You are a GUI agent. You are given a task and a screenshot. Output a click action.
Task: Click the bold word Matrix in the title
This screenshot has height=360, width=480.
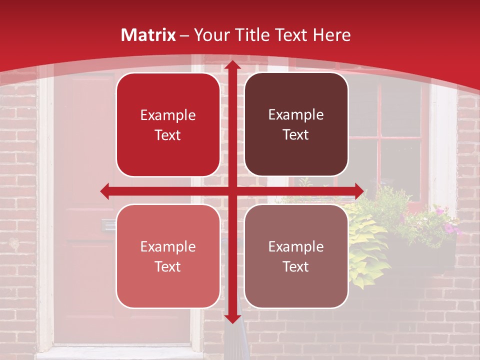148,35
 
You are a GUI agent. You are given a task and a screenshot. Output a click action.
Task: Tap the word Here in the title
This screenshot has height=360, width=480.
331,35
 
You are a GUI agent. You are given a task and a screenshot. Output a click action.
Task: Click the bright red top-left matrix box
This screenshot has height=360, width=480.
168,125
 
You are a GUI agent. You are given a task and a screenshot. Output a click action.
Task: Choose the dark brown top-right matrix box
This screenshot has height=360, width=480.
296,125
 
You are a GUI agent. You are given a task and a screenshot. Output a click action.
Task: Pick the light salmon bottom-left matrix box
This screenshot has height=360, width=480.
168,256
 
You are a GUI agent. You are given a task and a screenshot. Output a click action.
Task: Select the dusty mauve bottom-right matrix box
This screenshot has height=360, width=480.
296,256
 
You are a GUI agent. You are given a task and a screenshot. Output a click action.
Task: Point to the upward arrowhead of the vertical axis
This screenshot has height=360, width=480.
232,65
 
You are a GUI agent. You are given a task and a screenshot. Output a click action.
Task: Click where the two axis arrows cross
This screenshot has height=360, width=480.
232,191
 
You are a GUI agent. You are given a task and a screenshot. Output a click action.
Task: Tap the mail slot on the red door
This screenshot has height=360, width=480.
107,225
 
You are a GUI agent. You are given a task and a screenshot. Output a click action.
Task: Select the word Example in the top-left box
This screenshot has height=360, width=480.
168,115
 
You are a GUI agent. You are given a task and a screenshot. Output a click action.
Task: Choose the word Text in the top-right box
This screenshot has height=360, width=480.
296,135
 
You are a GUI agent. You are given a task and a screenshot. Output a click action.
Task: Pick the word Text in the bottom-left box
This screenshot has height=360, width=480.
168,266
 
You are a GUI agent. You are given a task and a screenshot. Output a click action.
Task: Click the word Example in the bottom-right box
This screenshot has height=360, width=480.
296,246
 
